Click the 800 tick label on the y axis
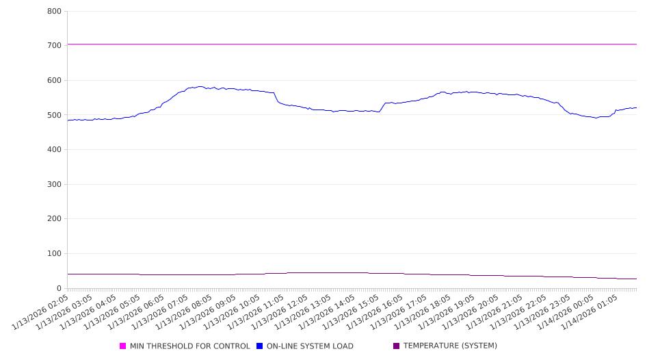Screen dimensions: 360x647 (54, 12)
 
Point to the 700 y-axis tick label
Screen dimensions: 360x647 (54, 46)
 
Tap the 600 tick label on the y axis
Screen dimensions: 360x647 (54, 81)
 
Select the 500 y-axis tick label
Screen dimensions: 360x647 (54, 115)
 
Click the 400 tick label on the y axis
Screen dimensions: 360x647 (54, 150)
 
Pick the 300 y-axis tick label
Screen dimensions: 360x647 (54, 185)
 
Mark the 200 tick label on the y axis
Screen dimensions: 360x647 (54, 219)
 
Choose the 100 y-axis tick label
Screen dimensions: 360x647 (54, 254)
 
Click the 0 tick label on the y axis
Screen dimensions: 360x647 (60, 289)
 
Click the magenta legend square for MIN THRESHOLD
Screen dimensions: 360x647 (123, 346)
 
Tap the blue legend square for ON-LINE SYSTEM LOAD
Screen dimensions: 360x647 (260, 346)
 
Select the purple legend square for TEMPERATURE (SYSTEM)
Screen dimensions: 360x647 (397, 346)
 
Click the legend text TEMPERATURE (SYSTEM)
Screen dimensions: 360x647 (450, 346)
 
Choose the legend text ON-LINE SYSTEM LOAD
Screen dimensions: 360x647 (310, 346)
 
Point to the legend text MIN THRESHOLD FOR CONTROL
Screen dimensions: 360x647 (190, 346)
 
